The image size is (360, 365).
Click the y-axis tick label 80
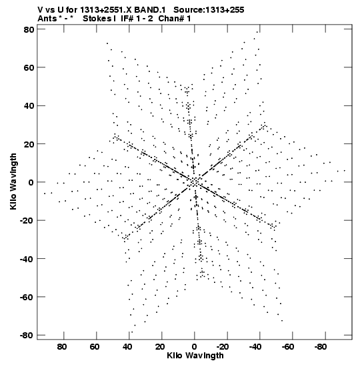pos(29,29)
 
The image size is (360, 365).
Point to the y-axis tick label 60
pos(29,67)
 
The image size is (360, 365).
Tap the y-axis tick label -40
pos(27,259)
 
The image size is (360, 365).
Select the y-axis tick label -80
pos(27,335)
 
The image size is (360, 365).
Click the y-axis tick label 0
pos(31,182)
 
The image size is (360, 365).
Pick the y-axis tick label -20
pos(27,220)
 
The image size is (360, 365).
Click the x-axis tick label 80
pos(62,347)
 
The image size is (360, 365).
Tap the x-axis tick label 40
pos(127,347)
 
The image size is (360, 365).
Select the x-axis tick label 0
pos(195,347)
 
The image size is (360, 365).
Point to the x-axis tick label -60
pos(287,347)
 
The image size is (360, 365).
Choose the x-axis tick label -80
pos(320,347)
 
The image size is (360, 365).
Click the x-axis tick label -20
pos(222,347)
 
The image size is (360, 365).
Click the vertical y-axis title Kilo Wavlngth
pos(13,181)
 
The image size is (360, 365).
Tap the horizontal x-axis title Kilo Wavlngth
pos(195,356)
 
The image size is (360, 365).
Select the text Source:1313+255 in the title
pos(209,10)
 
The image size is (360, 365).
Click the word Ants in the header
pos(47,19)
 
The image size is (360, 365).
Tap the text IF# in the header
pos(127,19)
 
